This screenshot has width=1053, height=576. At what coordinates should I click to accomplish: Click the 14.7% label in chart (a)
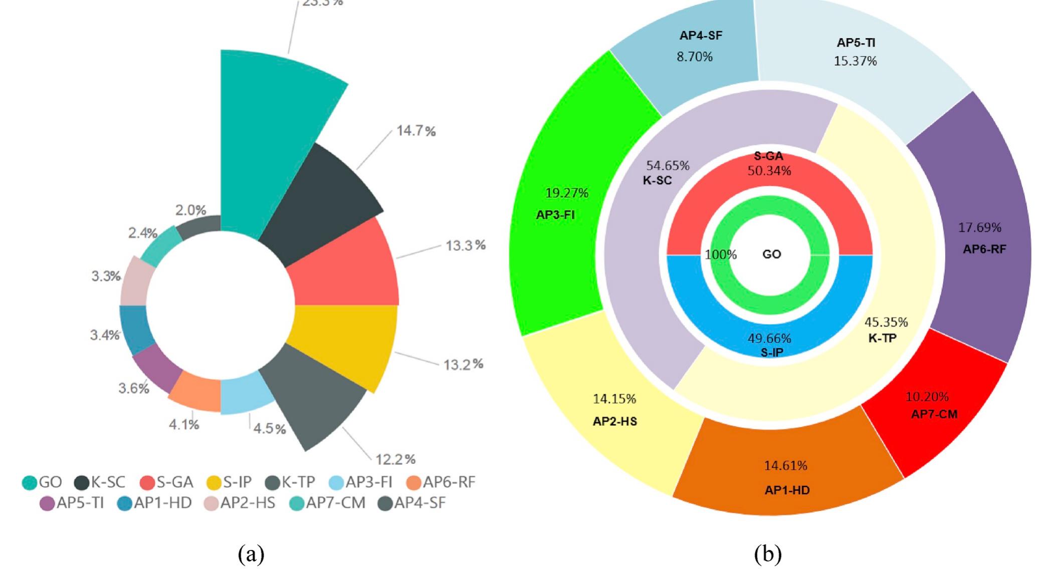click(415, 131)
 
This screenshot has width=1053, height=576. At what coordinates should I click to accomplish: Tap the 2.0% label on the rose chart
click(190, 210)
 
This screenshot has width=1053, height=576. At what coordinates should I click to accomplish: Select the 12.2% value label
click(395, 459)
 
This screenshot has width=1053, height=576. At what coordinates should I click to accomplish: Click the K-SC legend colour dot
click(82, 483)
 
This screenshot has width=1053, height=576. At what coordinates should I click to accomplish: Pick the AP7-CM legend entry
click(328, 503)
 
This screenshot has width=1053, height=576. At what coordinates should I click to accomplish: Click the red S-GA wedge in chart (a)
click(346, 270)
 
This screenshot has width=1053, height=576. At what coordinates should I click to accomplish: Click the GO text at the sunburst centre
click(771, 254)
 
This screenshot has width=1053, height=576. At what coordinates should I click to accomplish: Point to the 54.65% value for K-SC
click(667, 165)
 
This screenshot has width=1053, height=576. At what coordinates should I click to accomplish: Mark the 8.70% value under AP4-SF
click(694, 57)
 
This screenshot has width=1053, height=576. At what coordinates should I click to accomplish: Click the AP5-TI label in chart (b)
click(856, 43)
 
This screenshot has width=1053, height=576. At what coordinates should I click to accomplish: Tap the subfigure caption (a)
click(251, 554)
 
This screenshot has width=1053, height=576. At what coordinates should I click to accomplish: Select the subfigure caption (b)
click(767, 554)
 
